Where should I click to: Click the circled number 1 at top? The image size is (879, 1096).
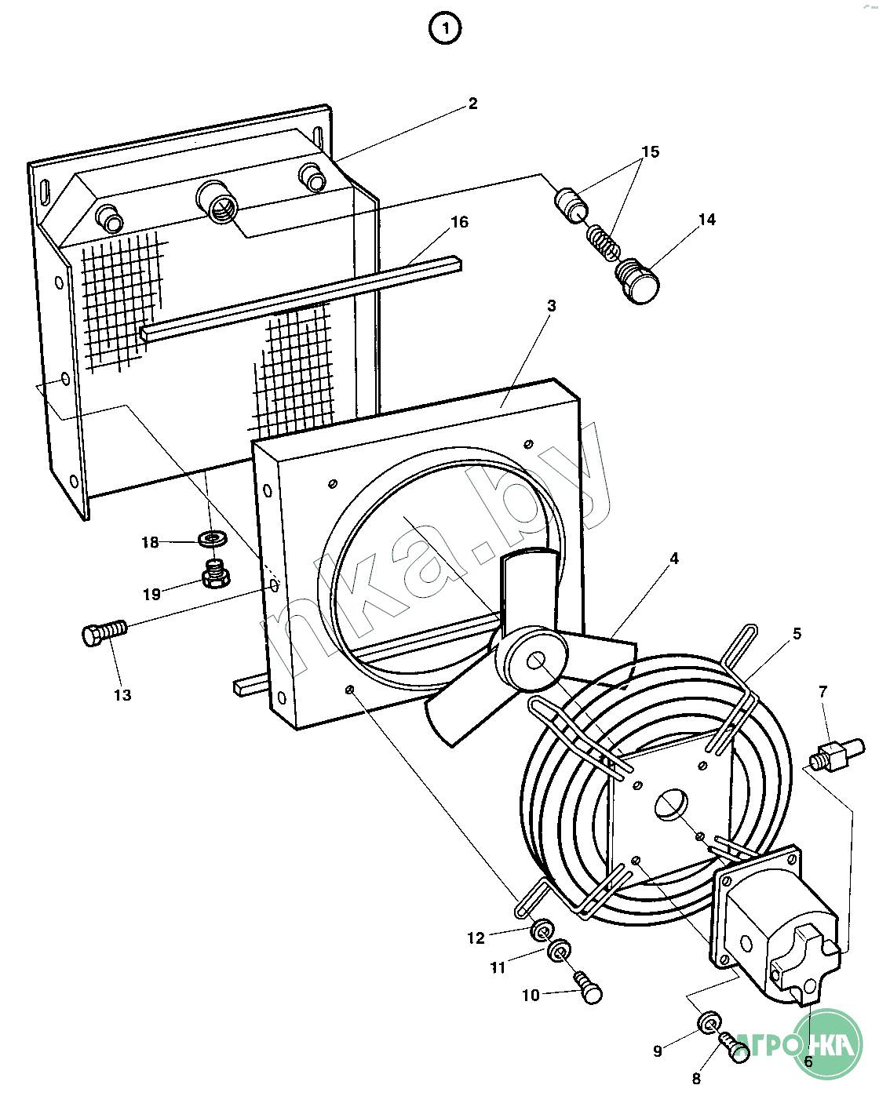click(x=445, y=30)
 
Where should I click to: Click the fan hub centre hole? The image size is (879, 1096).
click(x=538, y=661)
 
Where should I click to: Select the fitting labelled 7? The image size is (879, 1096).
click(x=835, y=755)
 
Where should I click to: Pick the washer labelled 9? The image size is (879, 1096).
click(x=709, y=1022)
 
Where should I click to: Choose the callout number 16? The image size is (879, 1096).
click(x=459, y=222)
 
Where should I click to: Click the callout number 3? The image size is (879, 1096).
click(x=552, y=305)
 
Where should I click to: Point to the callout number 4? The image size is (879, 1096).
click(x=673, y=559)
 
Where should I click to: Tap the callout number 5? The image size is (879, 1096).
click(x=797, y=634)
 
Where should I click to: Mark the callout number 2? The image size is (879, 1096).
click(x=472, y=104)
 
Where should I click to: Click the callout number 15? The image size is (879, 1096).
click(x=651, y=151)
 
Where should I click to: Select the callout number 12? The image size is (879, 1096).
click(x=476, y=938)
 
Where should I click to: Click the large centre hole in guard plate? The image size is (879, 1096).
click(x=671, y=805)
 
